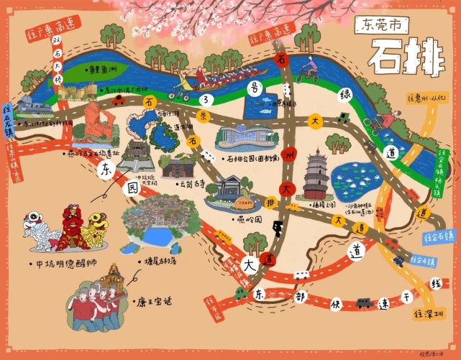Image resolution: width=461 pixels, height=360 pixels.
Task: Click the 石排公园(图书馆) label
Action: click(258, 159)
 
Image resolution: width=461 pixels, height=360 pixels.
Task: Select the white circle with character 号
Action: click(252, 88)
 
